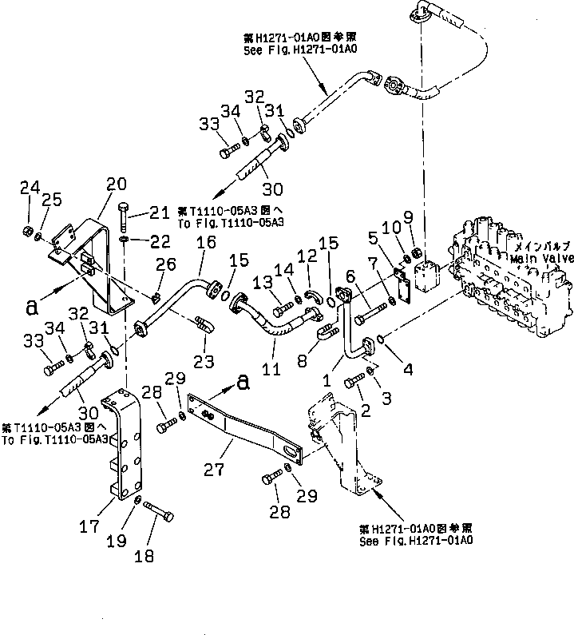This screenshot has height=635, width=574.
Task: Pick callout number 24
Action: click(29, 188)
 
